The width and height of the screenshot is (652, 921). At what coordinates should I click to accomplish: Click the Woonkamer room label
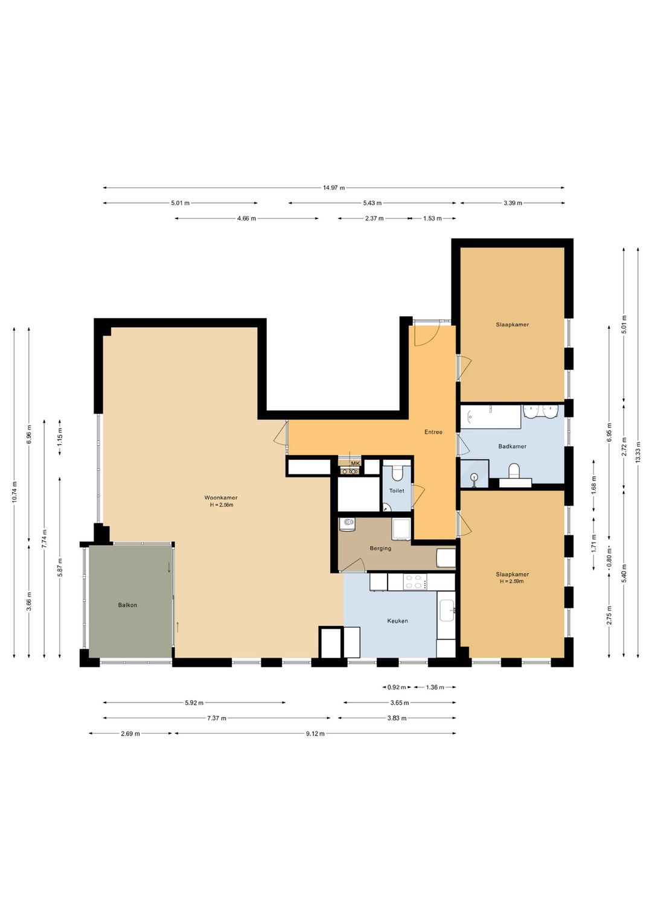pyautogui.click(x=221, y=497)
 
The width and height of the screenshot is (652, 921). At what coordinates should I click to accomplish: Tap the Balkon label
pyautogui.click(x=127, y=605)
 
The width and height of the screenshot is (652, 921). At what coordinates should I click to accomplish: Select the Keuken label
pyautogui.click(x=397, y=620)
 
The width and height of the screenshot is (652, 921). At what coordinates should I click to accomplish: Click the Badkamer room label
pyautogui.click(x=512, y=446)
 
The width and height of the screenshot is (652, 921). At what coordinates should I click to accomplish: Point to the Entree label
pyautogui.click(x=433, y=432)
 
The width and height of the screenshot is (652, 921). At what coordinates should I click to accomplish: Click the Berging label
pyautogui.click(x=380, y=548)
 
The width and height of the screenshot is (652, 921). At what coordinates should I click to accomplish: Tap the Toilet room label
pyautogui.click(x=397, y=491)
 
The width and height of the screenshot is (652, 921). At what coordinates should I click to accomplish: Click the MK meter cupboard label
pyautogui.click(x=355, y=464)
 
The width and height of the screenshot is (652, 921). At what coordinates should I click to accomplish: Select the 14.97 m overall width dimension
pyautogui.click(x=334, y=188)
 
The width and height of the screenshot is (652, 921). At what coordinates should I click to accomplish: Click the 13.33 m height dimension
pyautogui.click(x=638, y=451)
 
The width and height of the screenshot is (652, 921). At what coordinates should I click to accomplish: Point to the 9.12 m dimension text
pyautogui.click(x=315, y=733)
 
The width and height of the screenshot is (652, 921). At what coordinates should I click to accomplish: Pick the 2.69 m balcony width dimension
pyautogui.click(x=130, y=733)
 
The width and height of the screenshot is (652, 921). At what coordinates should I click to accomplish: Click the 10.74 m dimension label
pyautogui.click(x=14, y=491)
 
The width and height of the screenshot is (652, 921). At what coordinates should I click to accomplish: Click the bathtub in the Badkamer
pyautogui.click(x=490, y=417)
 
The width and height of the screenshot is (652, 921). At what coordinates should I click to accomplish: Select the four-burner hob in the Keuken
pyautogui.click(x=415, y=582)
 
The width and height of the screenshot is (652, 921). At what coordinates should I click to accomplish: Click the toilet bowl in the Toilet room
pyautogui.click(x=397, y=473)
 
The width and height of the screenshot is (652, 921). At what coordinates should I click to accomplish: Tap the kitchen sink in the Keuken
pyautogui.click(x=446, y=610)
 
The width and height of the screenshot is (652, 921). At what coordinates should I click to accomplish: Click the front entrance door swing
pyautogui.click(x=427, y=333)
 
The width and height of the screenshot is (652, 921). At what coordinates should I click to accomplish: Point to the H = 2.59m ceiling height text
pyautogui.click(x=512, y=581)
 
